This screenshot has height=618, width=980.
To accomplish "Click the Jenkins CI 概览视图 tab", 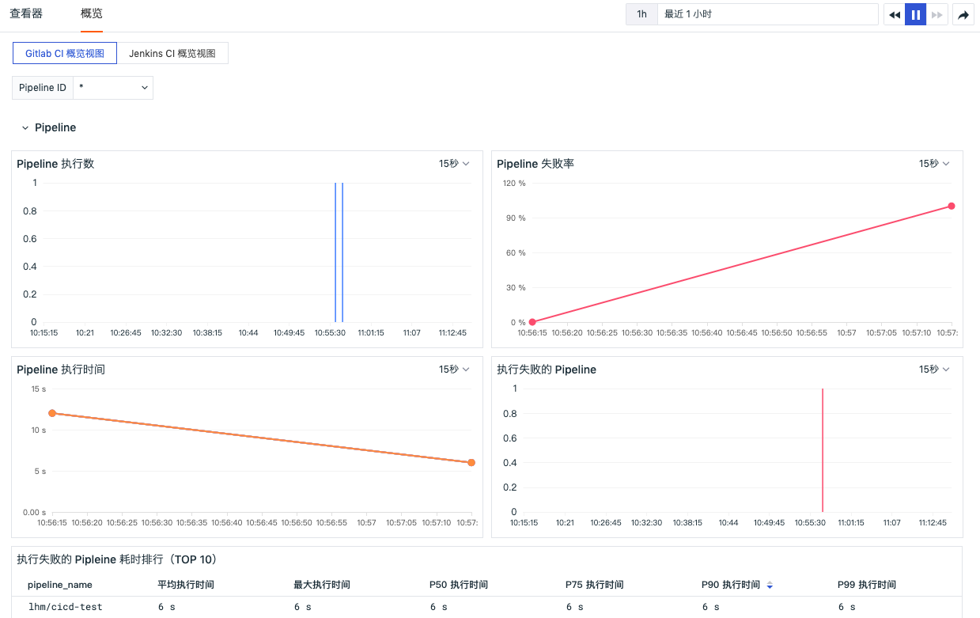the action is (x=172, y=53).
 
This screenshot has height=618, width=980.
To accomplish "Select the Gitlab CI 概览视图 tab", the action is (x=65, y=53).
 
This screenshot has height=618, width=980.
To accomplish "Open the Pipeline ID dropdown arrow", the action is (x=145, y=88).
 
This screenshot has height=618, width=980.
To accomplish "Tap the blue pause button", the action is (x=915, y=15).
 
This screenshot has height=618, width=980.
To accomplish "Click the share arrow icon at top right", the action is (x=963, y=15).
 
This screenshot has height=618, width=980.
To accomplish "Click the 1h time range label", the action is (x=641, y=14).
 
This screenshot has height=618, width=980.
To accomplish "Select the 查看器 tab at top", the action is (x=26, y=13).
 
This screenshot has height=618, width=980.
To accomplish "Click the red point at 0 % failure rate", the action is (x=532, y=322).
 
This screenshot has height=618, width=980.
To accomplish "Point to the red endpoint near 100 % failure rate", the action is (x=952, y=207).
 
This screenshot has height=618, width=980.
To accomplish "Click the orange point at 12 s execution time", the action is (x=52, y=413).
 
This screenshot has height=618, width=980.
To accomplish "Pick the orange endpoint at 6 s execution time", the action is (x=471, y=463).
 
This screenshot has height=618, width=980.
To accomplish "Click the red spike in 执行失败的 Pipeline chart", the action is (x=823, y=450).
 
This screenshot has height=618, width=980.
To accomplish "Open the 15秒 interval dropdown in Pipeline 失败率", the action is (x=934, y=164).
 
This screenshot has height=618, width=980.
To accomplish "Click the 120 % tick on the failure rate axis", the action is (x=514, y=183).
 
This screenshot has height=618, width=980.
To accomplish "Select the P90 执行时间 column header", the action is (x=731, y=585).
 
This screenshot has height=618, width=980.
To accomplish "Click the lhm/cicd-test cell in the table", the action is (x=66, y=607).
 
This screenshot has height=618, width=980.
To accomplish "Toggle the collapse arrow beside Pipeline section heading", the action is (x=25, y=128).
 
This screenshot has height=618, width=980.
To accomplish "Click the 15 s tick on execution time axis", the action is (x=39, y=389).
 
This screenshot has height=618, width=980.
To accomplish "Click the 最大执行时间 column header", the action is (x=322, y=585).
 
